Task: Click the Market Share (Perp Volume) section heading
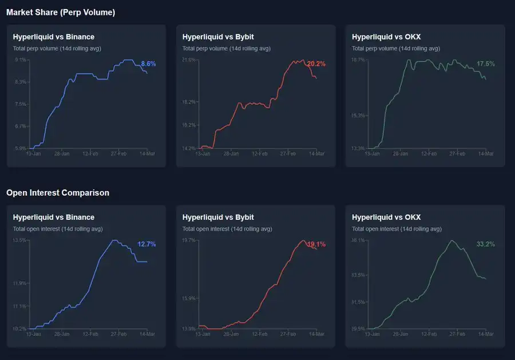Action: pos(61,12)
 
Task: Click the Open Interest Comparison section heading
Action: pos(58,193)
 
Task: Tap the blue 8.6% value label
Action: pos(148,64)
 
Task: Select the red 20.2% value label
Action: pos(316,64)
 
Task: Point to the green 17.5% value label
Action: pos(486,64)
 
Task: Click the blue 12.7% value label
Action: pos(146,244)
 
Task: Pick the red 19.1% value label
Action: pos(316,244)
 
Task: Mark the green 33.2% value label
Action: pos(486,244)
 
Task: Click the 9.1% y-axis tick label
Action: pos(20,60)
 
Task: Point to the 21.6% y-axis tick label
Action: pos(189,60)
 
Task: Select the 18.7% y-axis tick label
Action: pos(358,60)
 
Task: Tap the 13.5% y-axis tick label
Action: pos(19,240)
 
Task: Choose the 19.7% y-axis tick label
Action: pos(189,240)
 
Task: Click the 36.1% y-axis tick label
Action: pos(358,240)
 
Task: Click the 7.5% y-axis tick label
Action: pos(20,104)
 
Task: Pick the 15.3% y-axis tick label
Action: pos(358,116)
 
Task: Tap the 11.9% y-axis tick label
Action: pos(19,283)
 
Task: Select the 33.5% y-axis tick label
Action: pos(358,275)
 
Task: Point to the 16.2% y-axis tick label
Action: pos(189,125)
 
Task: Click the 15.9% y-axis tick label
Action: pos(189,298)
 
